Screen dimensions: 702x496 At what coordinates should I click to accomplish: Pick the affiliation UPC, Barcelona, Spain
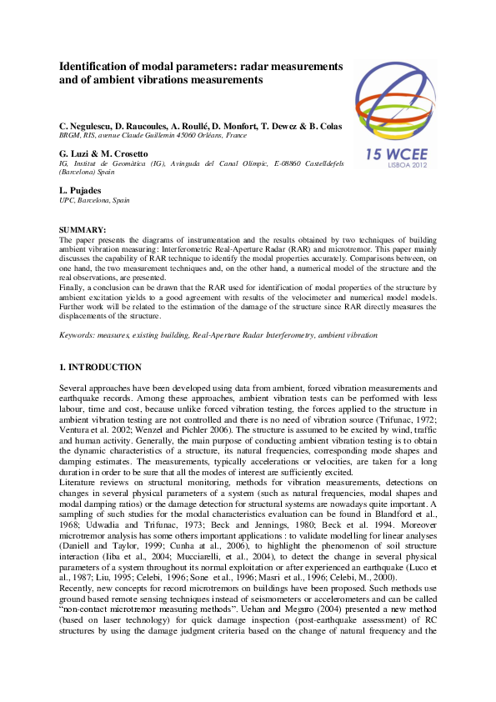coord(94,201)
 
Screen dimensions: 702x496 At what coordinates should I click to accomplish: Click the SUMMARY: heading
coord(83,228)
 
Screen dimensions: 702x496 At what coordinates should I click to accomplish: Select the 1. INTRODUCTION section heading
coord(100,367)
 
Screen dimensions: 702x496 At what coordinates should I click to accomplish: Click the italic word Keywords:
coord(78,334)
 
